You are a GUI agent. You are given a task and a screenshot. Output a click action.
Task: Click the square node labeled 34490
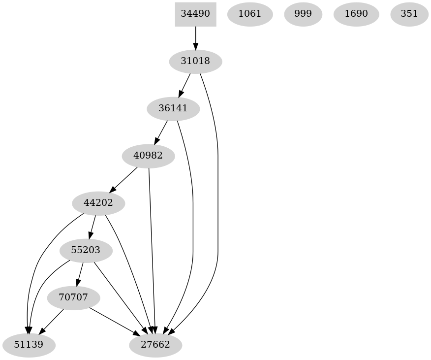195,14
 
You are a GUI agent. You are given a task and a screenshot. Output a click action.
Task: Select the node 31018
195,62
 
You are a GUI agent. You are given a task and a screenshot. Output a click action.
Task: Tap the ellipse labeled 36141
173,108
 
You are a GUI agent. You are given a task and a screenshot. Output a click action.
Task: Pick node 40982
149,156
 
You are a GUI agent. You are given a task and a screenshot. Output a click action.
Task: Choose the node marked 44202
98,203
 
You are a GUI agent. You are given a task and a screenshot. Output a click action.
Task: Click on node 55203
86,250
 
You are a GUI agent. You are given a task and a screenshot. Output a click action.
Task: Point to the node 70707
73,298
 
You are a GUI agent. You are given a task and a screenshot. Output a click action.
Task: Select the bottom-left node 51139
29,345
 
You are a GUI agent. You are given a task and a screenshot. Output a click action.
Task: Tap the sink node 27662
155,345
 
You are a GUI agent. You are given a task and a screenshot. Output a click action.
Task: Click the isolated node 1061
249,14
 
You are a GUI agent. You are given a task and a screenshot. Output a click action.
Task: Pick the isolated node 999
303,14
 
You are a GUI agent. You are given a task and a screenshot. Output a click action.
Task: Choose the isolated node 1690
356,14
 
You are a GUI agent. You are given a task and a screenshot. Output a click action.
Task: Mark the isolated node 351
409,14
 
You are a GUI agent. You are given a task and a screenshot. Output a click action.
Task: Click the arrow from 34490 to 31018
195,37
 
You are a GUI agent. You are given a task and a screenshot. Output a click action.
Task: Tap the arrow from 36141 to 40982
161,132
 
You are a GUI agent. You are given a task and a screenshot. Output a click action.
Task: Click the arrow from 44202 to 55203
92,227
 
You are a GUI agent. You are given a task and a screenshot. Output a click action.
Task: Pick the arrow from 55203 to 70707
80,274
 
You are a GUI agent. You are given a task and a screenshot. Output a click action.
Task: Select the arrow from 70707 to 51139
51,321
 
